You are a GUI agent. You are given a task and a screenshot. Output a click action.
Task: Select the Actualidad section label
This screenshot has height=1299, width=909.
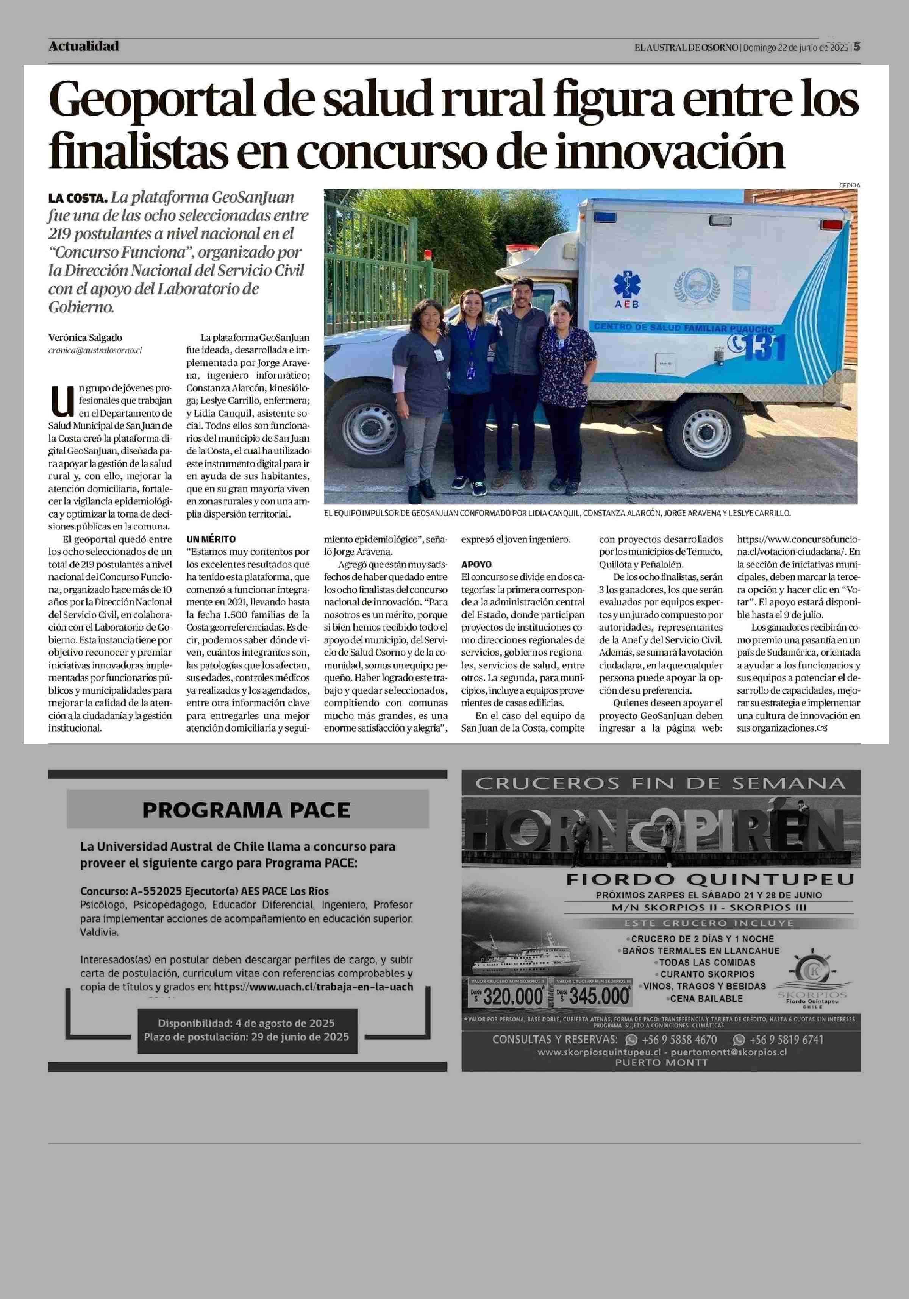coord(84,46)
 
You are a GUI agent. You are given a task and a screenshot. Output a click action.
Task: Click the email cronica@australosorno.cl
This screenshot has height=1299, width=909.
coord(95,351)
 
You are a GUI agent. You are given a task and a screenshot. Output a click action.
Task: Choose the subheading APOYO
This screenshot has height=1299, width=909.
coord(476,564)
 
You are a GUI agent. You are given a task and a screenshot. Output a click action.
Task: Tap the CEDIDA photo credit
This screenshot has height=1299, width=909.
coord(849,185)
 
